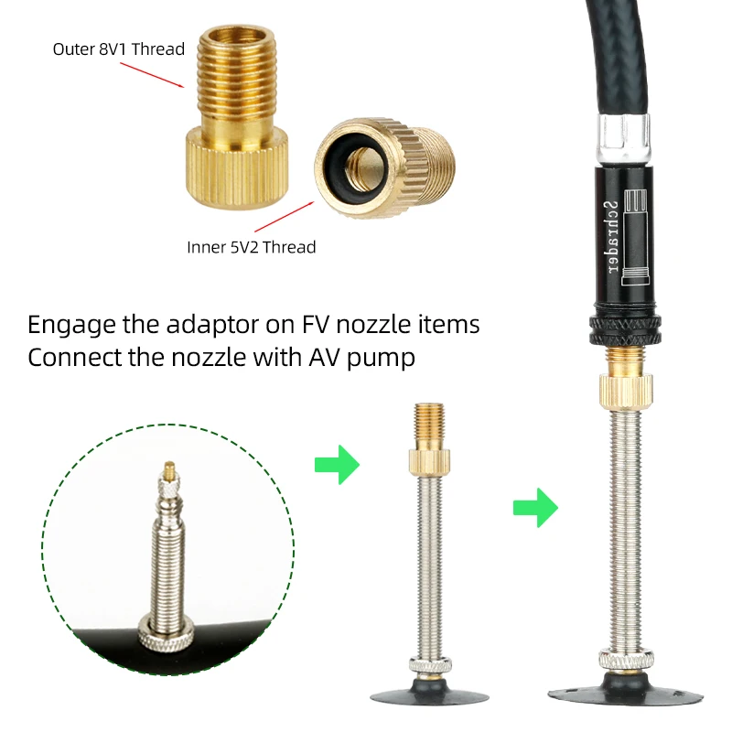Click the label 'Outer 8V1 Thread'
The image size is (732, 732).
(118, 49)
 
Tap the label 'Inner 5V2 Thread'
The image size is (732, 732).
(251, 246)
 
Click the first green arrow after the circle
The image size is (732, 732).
(336, 465)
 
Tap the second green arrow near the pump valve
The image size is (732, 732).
(535, 506)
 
